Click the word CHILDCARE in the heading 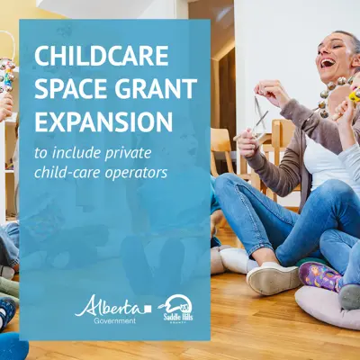[102, 56]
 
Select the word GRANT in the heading [151, 89]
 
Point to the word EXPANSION [103, 121]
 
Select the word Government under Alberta [114, 320]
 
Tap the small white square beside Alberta [147, 309]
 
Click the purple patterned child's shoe [319, 275]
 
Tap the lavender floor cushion [327, 306]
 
